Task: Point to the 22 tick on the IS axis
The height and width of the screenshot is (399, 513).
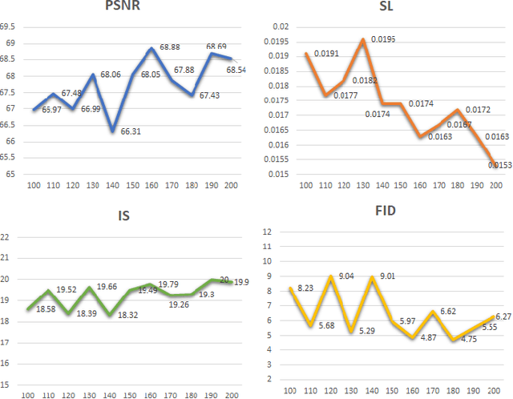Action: tap(6, 236)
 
